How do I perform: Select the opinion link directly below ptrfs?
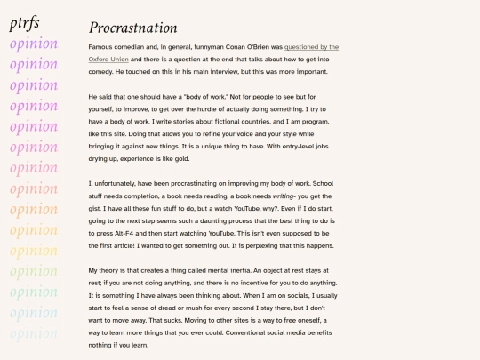tap(34, 44)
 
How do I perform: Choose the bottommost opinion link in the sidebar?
tap(34, 335)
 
